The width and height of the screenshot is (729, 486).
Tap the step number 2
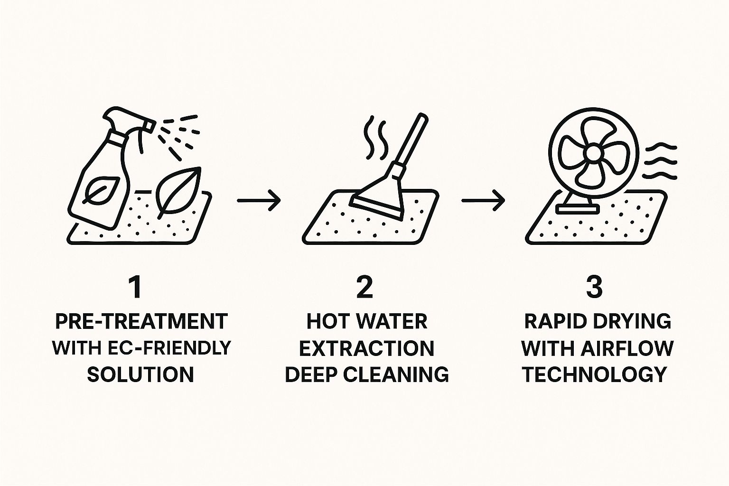click(x=364, y=288)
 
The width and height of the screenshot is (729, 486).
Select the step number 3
click(x=594, y=288)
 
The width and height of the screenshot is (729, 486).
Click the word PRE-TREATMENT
click(x=141, y=322)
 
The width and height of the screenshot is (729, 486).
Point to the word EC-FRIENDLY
click(x=170, y=348)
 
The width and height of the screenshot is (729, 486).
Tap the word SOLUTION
click(x=140, y=374)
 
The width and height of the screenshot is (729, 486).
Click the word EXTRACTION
click(x=367, y=348)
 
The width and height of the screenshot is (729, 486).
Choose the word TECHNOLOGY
click(x=595, y=374)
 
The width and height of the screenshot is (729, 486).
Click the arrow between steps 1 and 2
click(x=259, y=200)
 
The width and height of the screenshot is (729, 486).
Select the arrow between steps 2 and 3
click(x=483, y=200)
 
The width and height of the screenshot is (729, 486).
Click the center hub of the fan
click(x=593, y=152)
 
